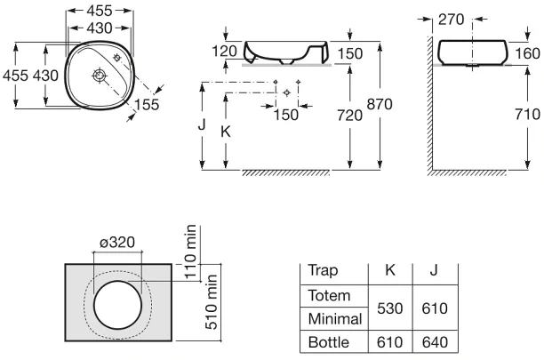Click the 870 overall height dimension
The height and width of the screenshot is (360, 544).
click(380, 104)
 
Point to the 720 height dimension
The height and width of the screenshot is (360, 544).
click(349, 116)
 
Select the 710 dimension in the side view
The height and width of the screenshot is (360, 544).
click(527, 114)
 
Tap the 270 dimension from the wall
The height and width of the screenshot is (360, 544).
click(451, 20)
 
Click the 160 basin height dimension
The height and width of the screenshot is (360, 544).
click(527, 53)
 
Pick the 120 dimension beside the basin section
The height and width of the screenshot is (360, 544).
click(225, 52)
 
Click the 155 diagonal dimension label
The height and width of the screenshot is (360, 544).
click(147, 105)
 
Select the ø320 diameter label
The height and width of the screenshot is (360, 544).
click(117, 243)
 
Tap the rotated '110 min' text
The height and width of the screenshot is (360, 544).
click(190, 252)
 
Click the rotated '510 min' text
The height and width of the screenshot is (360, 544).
click(212, 301)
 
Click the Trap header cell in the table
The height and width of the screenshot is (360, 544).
click(323, 271)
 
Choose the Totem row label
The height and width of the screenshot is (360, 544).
click(329, 296)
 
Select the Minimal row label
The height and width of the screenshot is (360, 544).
click(335, 319)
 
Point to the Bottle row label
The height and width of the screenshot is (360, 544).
click(329, 342)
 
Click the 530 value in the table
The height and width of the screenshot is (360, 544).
click(390, 308)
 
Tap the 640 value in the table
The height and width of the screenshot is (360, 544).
click(435, 342)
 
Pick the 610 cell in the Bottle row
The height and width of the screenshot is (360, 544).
click(390, 342)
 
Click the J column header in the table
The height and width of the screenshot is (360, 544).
click(434, 270)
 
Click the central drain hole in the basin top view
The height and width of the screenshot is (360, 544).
click(100, 76)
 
